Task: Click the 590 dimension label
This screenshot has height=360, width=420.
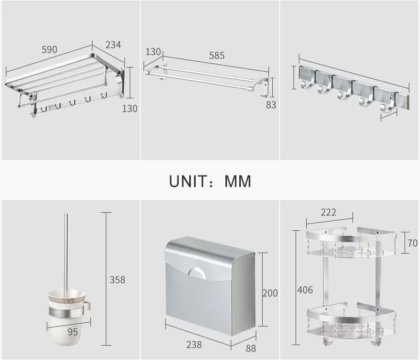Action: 49,49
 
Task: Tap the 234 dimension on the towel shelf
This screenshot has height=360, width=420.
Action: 113,45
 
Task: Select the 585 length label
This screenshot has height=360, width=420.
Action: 217,55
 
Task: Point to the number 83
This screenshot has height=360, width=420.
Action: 271,105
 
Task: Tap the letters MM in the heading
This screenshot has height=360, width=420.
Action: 238,181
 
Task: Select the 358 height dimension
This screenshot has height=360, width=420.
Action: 117,280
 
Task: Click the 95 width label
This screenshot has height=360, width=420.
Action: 73,332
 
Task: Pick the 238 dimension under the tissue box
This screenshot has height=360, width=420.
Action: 194,345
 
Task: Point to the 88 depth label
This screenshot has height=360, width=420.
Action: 251,348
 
